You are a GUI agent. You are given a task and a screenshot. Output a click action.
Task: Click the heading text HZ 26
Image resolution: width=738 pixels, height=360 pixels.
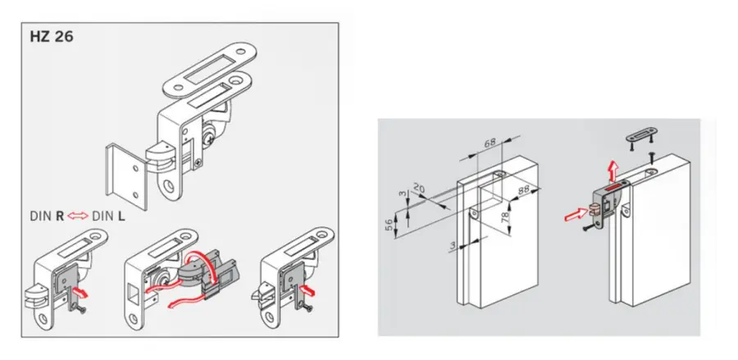pos(52,37)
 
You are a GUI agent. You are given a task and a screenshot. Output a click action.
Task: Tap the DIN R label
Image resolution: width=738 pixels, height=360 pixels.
pos(47,216)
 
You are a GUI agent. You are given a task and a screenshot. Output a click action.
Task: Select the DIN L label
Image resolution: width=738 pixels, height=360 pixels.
pos(109,216)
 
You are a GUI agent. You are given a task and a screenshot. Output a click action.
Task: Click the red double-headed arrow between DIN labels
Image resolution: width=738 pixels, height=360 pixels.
pos(78,216)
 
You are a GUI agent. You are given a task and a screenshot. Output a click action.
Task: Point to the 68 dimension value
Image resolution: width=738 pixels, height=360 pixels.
pos(490,142)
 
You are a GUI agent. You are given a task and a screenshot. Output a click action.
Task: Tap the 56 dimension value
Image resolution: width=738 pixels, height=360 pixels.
pos(389,225)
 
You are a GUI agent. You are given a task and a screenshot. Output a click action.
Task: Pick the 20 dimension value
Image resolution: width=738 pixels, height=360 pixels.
pos(418,189)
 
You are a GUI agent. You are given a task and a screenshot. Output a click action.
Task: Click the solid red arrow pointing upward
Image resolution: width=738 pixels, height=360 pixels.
pos(612,171)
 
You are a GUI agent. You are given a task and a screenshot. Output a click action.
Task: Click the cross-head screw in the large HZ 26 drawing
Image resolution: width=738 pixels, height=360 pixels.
pos(209,139)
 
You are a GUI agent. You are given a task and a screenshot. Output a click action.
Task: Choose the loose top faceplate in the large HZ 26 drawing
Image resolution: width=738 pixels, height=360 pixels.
pos(209,68)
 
